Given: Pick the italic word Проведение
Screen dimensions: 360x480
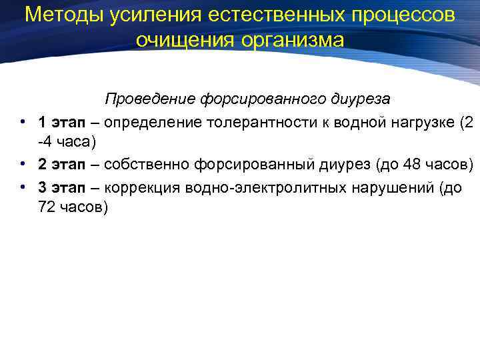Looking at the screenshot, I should tap(149, 99).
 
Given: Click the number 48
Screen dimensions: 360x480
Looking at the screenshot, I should tap(413, 164).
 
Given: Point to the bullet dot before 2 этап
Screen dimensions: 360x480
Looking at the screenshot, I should tap(23, 164).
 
